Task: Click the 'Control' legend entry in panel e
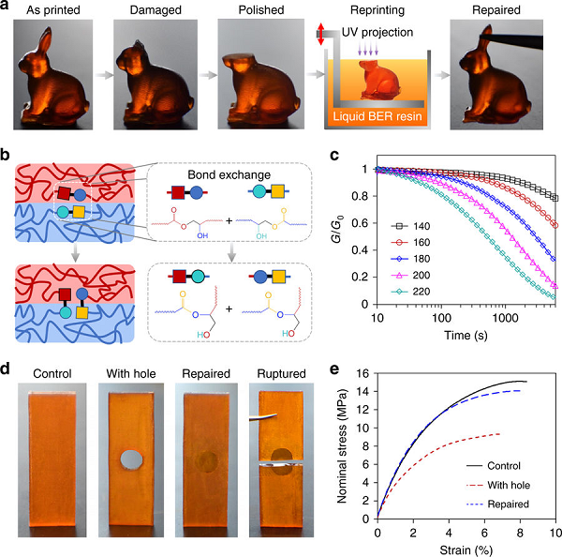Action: (x=504, y=464)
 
